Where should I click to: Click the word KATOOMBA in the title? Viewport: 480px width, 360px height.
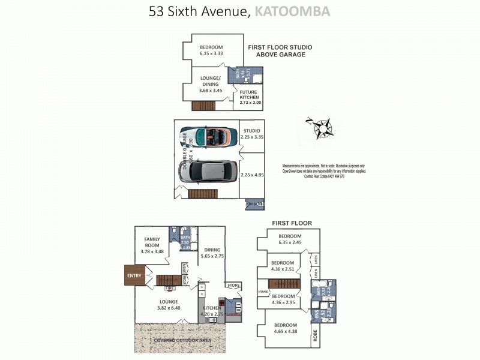pos(292,11)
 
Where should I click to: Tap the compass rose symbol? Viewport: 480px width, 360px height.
pos(323,127)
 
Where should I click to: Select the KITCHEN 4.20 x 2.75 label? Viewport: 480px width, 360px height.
pos(210,310)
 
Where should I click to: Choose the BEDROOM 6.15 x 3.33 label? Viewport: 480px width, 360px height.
pos(211,50)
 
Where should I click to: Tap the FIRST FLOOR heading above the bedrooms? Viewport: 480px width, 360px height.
pos(292,223)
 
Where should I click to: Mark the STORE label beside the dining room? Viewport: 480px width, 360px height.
pos(233,285)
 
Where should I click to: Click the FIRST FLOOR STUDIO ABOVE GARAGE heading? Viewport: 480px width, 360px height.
pos(280,50)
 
